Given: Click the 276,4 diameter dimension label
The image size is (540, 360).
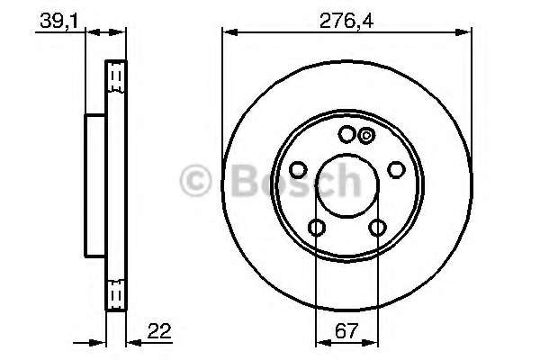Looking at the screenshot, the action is [346, 21].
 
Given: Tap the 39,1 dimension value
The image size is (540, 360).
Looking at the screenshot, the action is [59, 21].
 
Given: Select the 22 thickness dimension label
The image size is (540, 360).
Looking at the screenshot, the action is [159, 331].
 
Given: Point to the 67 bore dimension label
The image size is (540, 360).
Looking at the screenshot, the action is [346, 331].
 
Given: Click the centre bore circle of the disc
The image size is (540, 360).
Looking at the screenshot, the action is [347, 186].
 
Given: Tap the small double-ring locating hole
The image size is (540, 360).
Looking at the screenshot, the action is [366, 135].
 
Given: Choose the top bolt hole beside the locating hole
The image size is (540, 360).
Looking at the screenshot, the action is [346, 134].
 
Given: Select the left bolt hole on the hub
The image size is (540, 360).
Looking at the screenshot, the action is [298, 170].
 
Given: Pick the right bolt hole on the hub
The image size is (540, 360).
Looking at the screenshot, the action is [396, 170].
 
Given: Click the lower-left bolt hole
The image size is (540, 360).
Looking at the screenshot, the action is [317, 228].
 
